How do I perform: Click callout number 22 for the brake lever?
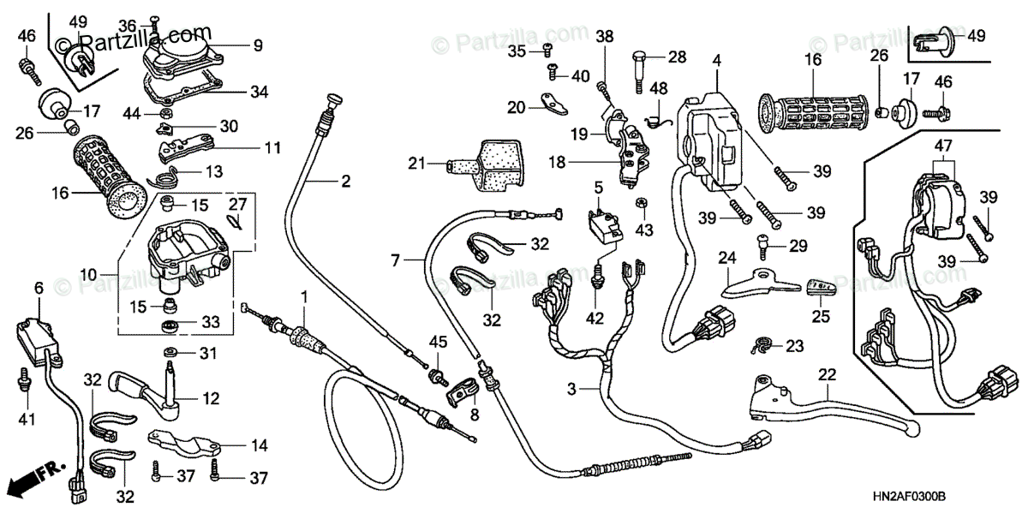(x=826, y=373)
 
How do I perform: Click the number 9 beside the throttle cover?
(x=257, y=45)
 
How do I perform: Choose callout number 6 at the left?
(x=39, y=289)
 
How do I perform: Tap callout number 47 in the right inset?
(x=942, y=148)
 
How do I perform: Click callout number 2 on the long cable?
(x=345, y=182)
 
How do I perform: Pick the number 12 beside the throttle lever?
(x=212, y=398)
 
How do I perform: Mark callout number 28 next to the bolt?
(x=678, y=57)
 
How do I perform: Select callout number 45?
(x=438, y=343)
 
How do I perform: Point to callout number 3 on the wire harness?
(x=571, y=389)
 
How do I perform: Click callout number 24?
(x=727, y=257)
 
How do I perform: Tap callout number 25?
(x=821, y=315)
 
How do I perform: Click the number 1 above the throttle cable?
(x=303, y=295)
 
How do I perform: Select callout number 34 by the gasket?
(x=260, y=91)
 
